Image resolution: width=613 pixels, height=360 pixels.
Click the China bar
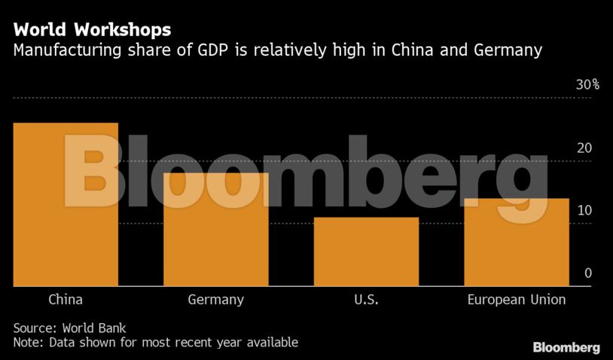point(66,204)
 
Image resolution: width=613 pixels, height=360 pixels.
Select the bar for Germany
point(215,230)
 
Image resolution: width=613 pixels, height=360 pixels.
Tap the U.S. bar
point(366,252)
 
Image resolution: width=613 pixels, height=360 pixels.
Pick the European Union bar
point(516,242)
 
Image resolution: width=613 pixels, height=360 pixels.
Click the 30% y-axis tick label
point(587,84)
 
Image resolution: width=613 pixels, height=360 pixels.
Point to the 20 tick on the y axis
point(584,148)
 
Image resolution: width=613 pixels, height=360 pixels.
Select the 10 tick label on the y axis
point(584,211)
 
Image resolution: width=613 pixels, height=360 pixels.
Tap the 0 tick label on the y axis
point(588,273)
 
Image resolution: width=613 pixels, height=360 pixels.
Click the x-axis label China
point(66,300)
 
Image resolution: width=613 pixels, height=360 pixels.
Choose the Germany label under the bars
point(215,300)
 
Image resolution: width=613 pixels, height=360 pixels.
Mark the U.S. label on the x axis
point(366,300)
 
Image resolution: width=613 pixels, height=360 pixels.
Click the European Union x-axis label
point(516,300)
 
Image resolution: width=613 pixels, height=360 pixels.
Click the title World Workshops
point(92,31)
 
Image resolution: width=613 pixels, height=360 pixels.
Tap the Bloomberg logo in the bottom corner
point(566,347)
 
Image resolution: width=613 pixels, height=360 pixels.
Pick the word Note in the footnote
point(27,343)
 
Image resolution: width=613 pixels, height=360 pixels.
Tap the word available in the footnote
point(272,343)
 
